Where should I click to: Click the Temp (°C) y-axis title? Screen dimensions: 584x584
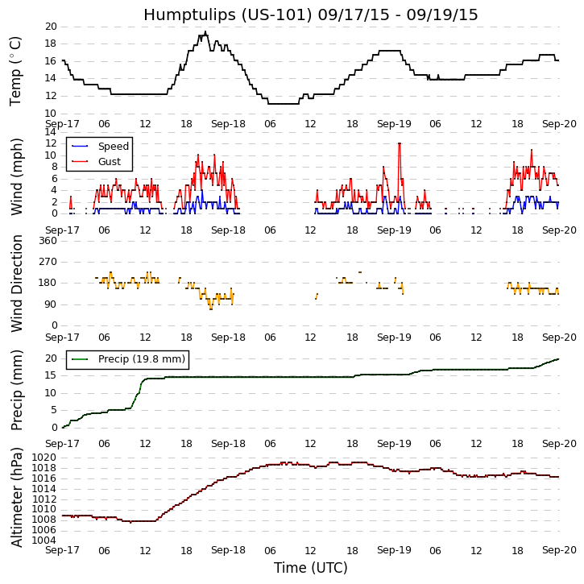(x=15, y=70)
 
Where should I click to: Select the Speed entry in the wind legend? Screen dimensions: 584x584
(x=113, y=147)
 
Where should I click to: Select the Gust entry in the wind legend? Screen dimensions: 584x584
(x=110, y=162)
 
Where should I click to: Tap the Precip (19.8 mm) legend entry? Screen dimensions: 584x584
(x=141, y=359)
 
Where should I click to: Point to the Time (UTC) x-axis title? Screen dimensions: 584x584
(x=310, y=568)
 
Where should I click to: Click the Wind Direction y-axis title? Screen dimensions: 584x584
(x=15, y=283)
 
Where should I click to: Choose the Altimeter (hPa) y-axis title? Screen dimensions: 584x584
(x=15, y=497)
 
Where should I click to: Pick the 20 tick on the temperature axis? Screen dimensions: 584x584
(x=51, y=27)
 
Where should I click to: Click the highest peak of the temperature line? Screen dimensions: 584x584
(x=205, y=32)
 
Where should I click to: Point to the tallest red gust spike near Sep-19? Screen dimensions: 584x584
(x=399, y=143)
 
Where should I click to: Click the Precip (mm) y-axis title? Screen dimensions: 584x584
(x=15, y=390)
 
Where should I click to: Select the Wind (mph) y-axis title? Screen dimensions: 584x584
(x=15, y=176)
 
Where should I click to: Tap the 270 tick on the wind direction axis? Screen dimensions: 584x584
(x=48, y=262)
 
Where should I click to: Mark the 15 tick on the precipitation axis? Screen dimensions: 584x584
(x=51, y=375)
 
